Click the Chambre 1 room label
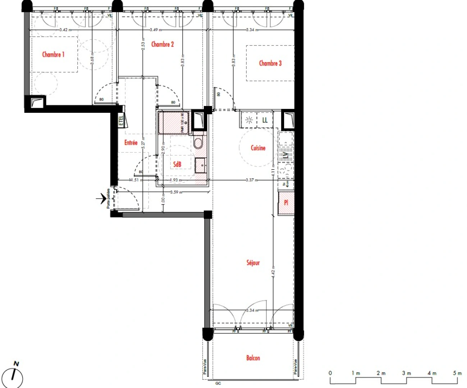[53, 55]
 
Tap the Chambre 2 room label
[162, 44]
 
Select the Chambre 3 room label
[270, 63]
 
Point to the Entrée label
[131, 143]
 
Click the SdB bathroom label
[177, 164]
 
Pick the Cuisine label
[258, 148]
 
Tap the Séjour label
[253, 263]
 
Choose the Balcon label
[253, 358]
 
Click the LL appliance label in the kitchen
[265, 120]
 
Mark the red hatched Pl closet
[286, 203]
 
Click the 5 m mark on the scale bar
[457, 373]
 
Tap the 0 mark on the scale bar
[330, 373]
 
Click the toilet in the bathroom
[198, 143]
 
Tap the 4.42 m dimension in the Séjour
[273, 272]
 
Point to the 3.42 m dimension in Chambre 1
[65, 30]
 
